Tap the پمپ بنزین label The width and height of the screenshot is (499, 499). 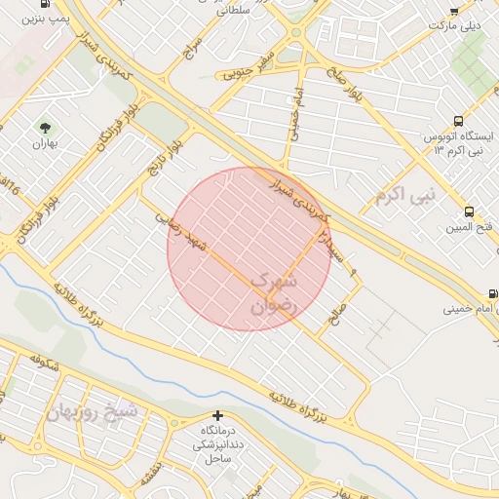[x=48, y=19]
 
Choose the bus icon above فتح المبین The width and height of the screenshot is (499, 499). [x=469, y=211]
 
